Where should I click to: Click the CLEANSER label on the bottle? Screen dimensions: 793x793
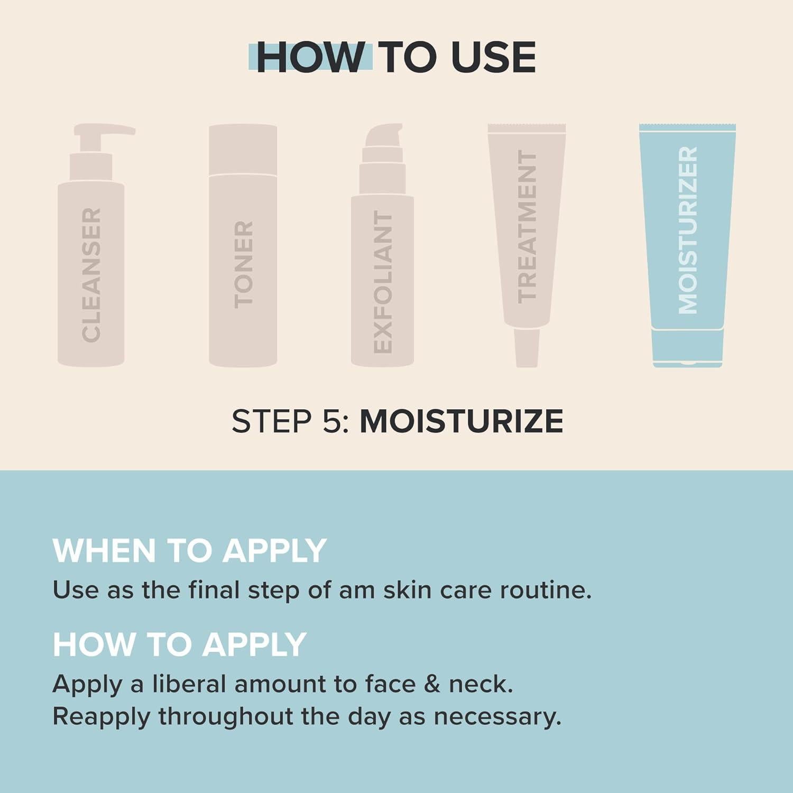91,274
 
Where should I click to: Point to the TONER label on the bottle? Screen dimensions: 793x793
243,264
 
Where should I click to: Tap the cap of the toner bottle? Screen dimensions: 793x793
243,150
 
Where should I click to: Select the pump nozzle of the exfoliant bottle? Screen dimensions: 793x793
384,135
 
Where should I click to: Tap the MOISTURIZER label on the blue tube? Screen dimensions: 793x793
687,230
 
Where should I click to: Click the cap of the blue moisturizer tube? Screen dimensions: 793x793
687,347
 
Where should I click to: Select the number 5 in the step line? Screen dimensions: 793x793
330,421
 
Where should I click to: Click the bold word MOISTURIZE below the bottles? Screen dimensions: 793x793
461,421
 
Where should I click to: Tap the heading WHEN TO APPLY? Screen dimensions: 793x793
189,550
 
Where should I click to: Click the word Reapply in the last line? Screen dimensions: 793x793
101,717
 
